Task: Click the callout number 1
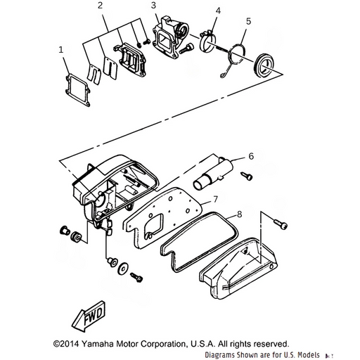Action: pos(61,50)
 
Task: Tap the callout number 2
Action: pos(100,6)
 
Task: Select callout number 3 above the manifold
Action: pos(153,6)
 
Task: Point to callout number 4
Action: pos(218,11)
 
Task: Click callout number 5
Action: pos(248,21)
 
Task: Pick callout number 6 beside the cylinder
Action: pos(251,156)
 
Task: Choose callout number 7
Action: pos(215,199)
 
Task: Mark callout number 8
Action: pos(239,214)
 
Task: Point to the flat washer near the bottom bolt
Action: pos(122,268)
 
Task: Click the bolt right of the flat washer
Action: pos(136,277)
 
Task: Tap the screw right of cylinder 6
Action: pos(247,176)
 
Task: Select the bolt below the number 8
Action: pos(281,224)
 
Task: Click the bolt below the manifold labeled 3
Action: pos(186,48)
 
